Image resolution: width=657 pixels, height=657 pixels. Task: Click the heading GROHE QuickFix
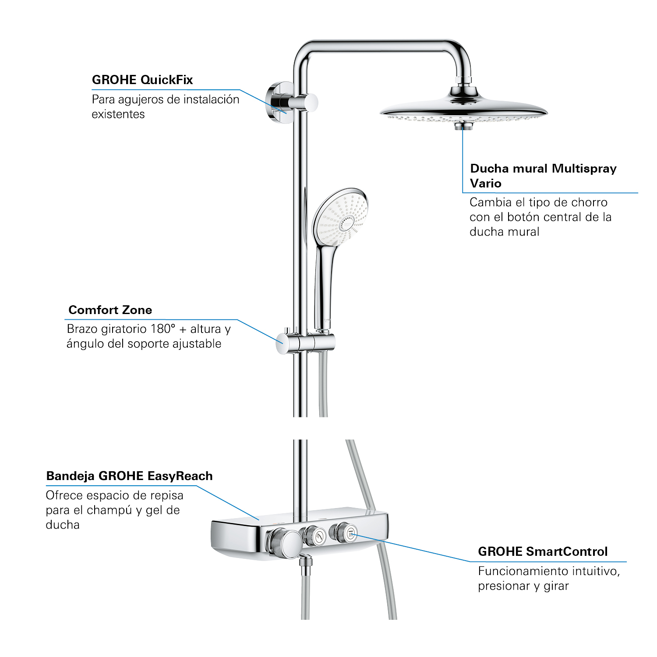click(142, 80)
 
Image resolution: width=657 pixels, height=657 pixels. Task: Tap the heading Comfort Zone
click(110, 310)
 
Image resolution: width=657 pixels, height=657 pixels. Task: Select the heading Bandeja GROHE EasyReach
click(129, 476)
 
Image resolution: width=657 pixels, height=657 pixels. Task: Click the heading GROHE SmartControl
click(543, 551)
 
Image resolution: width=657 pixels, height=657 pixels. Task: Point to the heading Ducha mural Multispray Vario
click(543, 176)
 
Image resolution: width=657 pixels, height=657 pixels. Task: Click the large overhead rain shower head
click(464, 109)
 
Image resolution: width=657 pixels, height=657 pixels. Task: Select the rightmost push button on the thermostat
click(349, 533)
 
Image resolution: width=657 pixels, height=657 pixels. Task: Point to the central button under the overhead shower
click(463, 126)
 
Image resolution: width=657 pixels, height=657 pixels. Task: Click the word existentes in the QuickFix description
click(118, 114)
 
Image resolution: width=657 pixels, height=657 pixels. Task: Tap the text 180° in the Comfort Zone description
click(162, 329)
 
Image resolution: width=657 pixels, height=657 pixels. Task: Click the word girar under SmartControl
click(556, 586)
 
